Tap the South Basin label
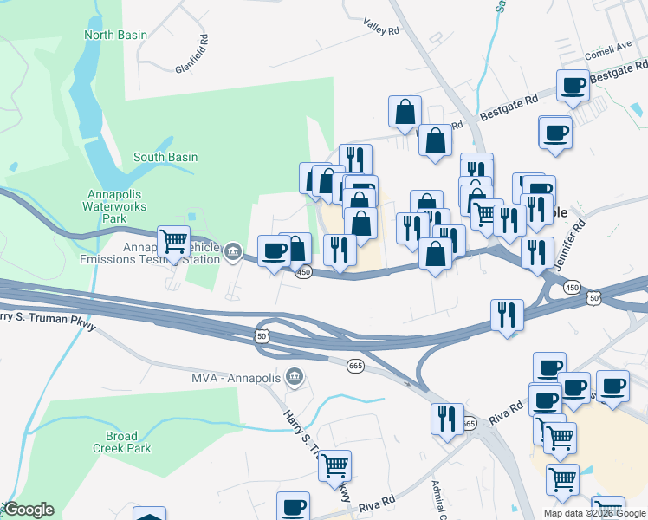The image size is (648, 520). click(165, 158)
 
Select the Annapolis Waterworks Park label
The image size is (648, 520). click(116, 206)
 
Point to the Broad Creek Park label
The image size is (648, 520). click(122, 442)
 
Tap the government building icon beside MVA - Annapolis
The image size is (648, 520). click(295, 377)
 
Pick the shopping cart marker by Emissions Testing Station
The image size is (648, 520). click(174, 240)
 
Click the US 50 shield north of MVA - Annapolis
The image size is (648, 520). click(262, 335)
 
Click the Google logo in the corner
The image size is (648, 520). click(29, 510)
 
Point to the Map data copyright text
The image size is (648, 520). click(594, 513)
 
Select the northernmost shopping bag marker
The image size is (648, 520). click(405, 111)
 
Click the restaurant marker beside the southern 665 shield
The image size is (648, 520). click(447, 419)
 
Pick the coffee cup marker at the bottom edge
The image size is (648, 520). click(293, 506)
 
